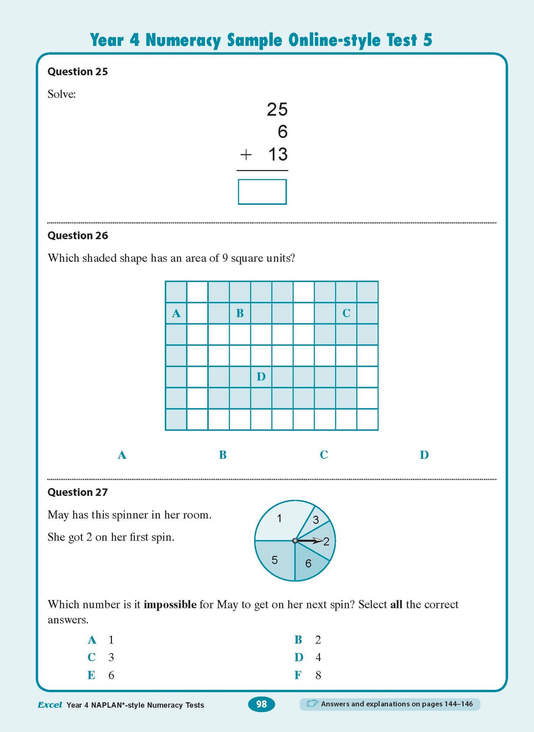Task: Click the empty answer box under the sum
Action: [262, 192]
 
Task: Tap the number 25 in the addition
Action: [277, 109]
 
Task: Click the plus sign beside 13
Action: [246, 155]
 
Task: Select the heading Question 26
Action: [78, 235]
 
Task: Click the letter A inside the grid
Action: [176, 314]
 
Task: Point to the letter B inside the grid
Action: [240, 313]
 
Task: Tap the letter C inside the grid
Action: [346, 313]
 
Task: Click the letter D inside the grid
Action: [261, 377]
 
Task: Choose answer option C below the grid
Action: [324, 455]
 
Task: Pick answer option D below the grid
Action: [424, 455]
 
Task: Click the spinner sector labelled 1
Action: [279, 518]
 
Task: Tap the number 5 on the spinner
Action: [275, 560]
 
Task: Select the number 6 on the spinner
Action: [308, 563]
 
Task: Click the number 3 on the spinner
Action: [316, 520]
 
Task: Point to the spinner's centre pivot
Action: [295, 541]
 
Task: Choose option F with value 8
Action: [308, 675]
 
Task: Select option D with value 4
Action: [308, 657]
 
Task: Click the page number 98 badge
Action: [261, 704]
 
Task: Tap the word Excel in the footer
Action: [50, 705]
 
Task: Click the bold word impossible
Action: [170, 604]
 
